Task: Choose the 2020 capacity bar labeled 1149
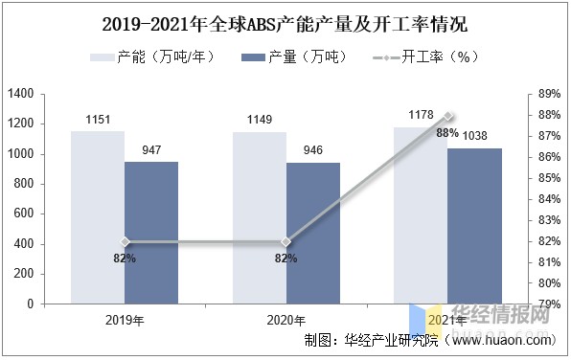[x=259, y=217]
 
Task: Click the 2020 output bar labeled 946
[x=312, y=233]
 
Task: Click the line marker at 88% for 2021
[x=447, y=116]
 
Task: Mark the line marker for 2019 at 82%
[x=125, y=242]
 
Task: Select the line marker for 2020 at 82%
[x=285, y=242]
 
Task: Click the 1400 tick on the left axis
[x=21, y=94]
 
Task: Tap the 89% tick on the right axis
[x=549, y=94]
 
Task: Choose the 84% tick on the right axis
[x=549, y=199]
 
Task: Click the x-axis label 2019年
[x=125, y=320]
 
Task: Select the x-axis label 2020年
[x=285, y=320]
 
